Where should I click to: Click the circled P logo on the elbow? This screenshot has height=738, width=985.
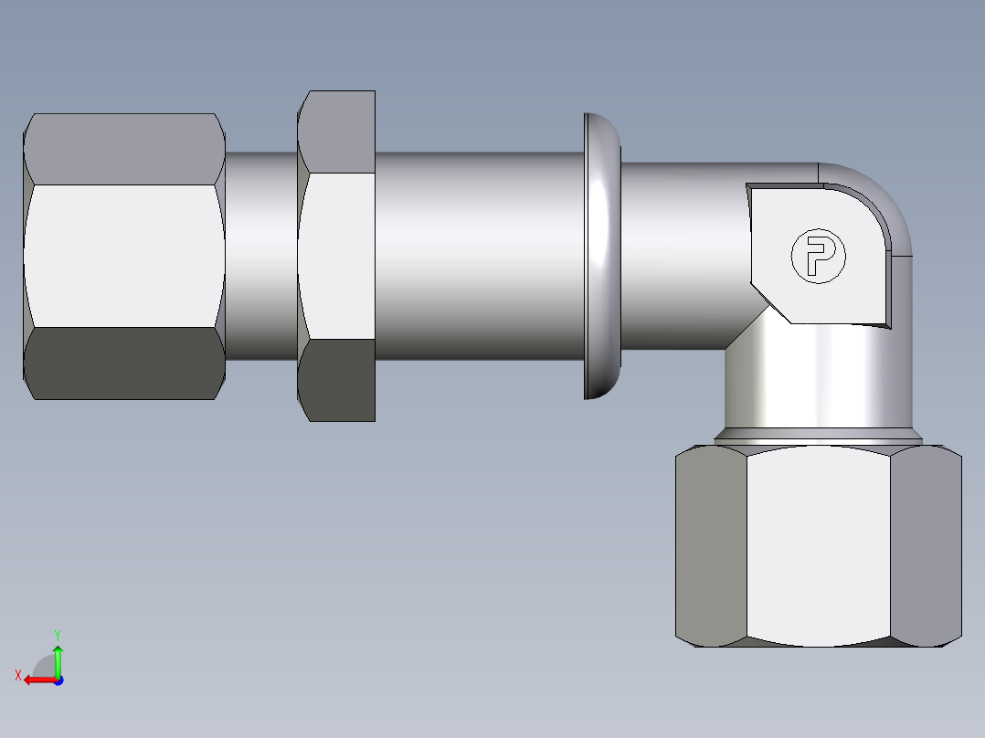coord(818,256)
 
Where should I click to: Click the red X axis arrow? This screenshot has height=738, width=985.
coord(37,680)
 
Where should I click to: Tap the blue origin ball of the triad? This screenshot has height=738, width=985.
coord(58,680)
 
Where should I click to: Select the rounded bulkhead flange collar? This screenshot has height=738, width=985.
coord(600,256)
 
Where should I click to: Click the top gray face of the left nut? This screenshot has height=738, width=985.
coord(124,149)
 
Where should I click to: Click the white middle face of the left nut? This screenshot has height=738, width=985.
coord(124,256)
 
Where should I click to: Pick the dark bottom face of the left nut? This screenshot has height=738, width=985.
coord(124,364)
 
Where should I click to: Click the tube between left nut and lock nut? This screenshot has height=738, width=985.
coord(261,256)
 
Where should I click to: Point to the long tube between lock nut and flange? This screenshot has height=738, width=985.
coord(479,256)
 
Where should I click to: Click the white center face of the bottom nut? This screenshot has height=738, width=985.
coord(818,545)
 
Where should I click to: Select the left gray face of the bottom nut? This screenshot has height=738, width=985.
coord(711,545)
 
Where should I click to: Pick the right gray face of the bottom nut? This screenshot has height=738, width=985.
coord(926,545)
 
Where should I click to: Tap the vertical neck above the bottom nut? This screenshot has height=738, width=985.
coord(818,384)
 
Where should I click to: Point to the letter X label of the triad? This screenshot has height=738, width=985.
coord(18,675)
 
